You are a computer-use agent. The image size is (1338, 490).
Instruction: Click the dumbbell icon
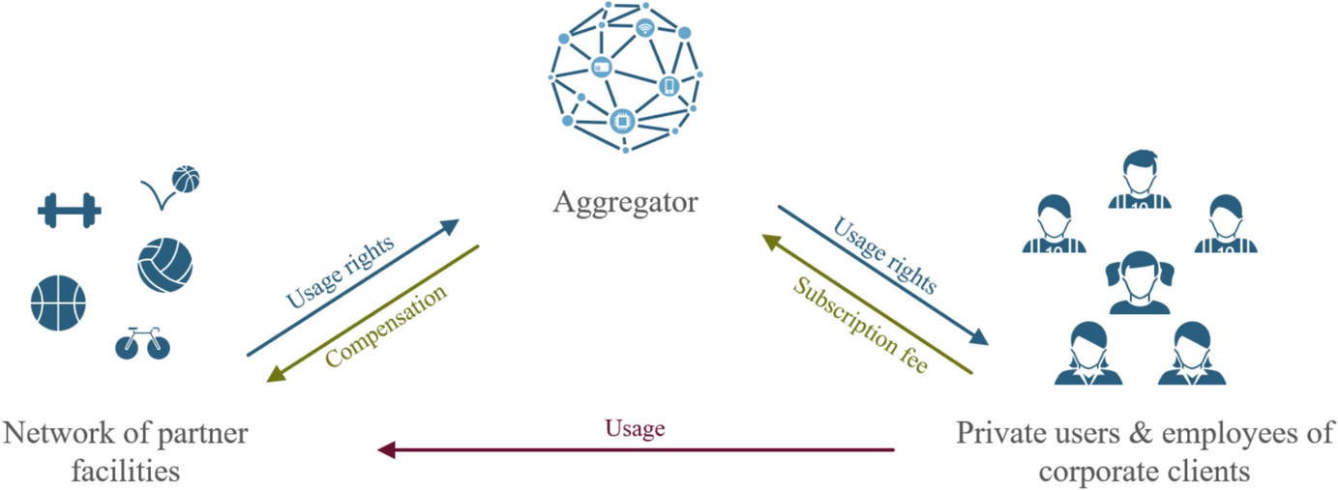pyautogui.click(x=69, y=210)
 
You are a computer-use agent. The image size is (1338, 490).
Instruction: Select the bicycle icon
pyautogui.click(x=141, y=343)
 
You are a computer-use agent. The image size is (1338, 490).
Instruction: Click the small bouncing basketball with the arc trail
pyautogui.click(x=185, y=179)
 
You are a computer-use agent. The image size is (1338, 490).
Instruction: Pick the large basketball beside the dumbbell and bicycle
pyautogui.click(x=59, y=301)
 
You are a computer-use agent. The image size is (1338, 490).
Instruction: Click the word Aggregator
pyautogui.click(x=625, y=203)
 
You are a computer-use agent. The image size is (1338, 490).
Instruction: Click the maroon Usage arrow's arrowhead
pyautogui.click(x=385, y=449)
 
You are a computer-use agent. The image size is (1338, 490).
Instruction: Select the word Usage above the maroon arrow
pyautogui.click(x=635, y=428)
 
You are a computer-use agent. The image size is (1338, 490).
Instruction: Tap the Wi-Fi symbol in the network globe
pyautogui.click(x=644, y=26)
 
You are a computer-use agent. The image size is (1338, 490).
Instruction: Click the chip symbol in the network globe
pyautogui.click(x=621, y=120)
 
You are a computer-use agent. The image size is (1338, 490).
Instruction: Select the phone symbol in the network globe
pyautogui.click(x=669, y=85)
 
